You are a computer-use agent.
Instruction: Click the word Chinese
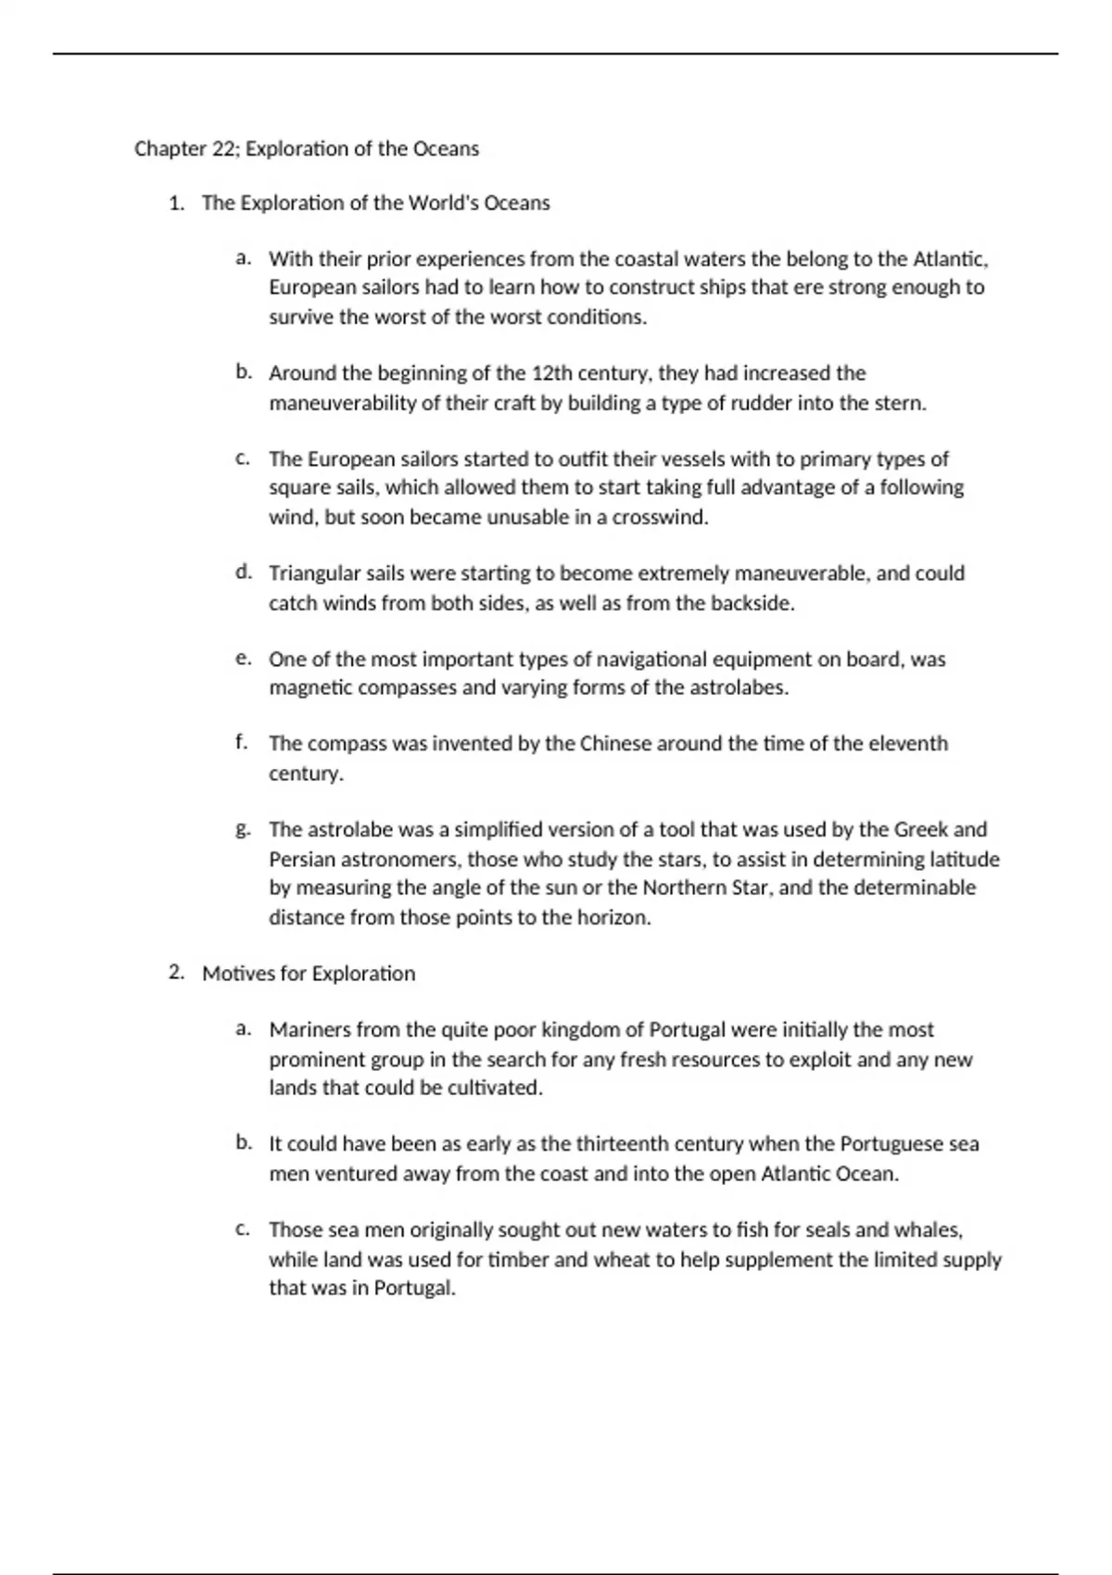(615, 744)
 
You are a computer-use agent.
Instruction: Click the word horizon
(613, 918)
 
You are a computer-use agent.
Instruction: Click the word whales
(929, 1230)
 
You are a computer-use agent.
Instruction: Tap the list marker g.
(243, 830)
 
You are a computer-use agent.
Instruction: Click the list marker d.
(243, 573)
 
